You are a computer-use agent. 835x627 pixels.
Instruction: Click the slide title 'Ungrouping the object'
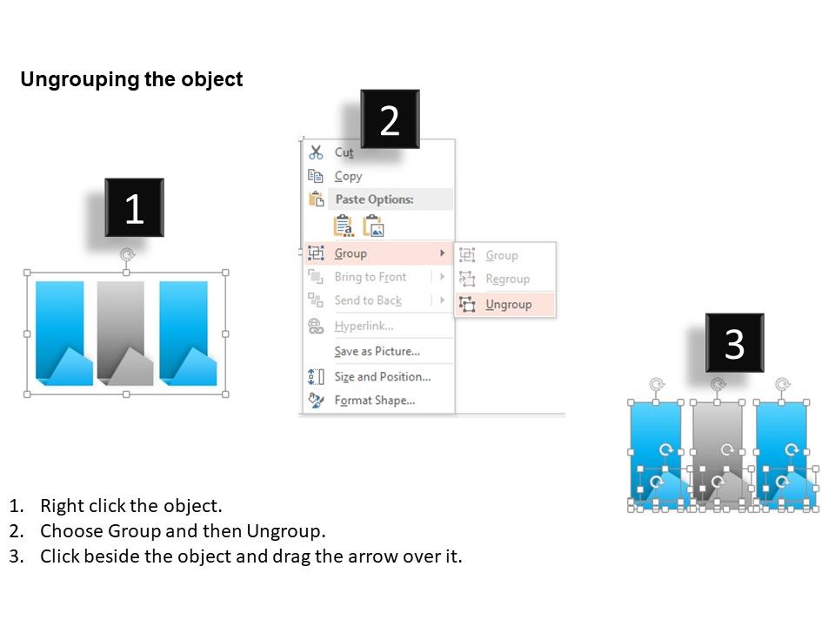(x=131, y=79)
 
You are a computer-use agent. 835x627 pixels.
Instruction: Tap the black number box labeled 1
(x=134, y=207)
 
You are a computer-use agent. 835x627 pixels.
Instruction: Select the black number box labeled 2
(x=390, y=119)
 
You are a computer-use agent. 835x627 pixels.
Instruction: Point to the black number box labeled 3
(x=734, y=343)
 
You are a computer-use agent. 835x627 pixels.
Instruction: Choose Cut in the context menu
(x=344, y=152)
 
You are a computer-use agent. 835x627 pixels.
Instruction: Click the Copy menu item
(x=348, y=176)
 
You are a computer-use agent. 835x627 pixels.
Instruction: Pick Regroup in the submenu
(x=507, y=279)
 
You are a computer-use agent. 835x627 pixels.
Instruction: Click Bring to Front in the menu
(x=371, y=277)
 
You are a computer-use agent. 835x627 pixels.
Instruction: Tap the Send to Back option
(x=368, y=300)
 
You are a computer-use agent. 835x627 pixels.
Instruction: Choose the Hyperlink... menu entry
(x=364, y=326)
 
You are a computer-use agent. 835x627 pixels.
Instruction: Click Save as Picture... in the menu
(x=377, y=351)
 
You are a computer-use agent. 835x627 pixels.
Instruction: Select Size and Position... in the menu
(x=383, y=376)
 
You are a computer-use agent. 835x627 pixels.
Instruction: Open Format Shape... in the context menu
(x=374, y=400)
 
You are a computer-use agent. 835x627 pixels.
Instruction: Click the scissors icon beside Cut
(x=316, y=152)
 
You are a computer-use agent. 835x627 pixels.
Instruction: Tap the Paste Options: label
(x=374, y=199)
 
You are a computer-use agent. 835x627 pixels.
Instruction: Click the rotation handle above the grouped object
(x=127, y=254)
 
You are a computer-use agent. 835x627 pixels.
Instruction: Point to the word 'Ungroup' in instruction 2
(x=284, y=531)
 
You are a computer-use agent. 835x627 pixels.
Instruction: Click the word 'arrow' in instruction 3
(x=371, y=556)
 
